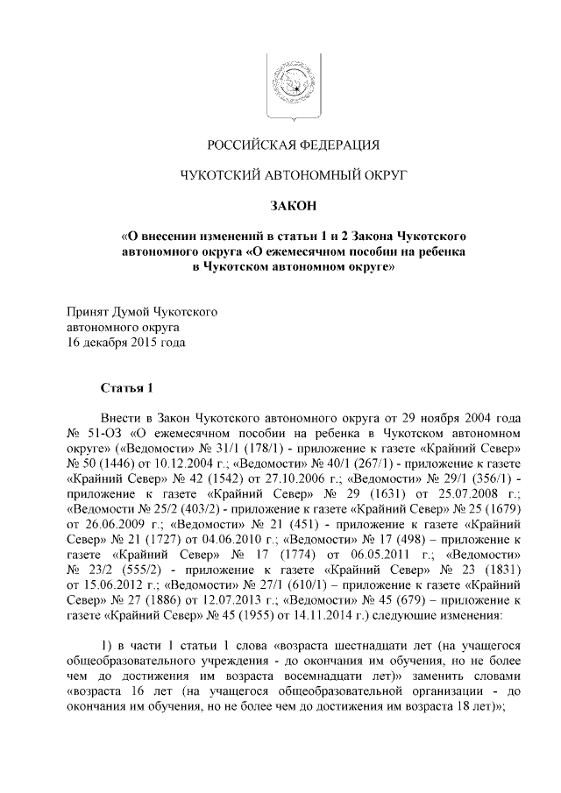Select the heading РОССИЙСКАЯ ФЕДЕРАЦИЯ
click(x=293, y=145)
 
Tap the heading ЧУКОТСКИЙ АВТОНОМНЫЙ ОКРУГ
click(x=293, y=176)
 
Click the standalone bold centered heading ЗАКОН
click(x=293, y=207)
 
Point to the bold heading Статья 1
click(x=128, y=386)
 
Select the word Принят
click(x=89, y=311)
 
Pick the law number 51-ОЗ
click(x=104, y=433)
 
